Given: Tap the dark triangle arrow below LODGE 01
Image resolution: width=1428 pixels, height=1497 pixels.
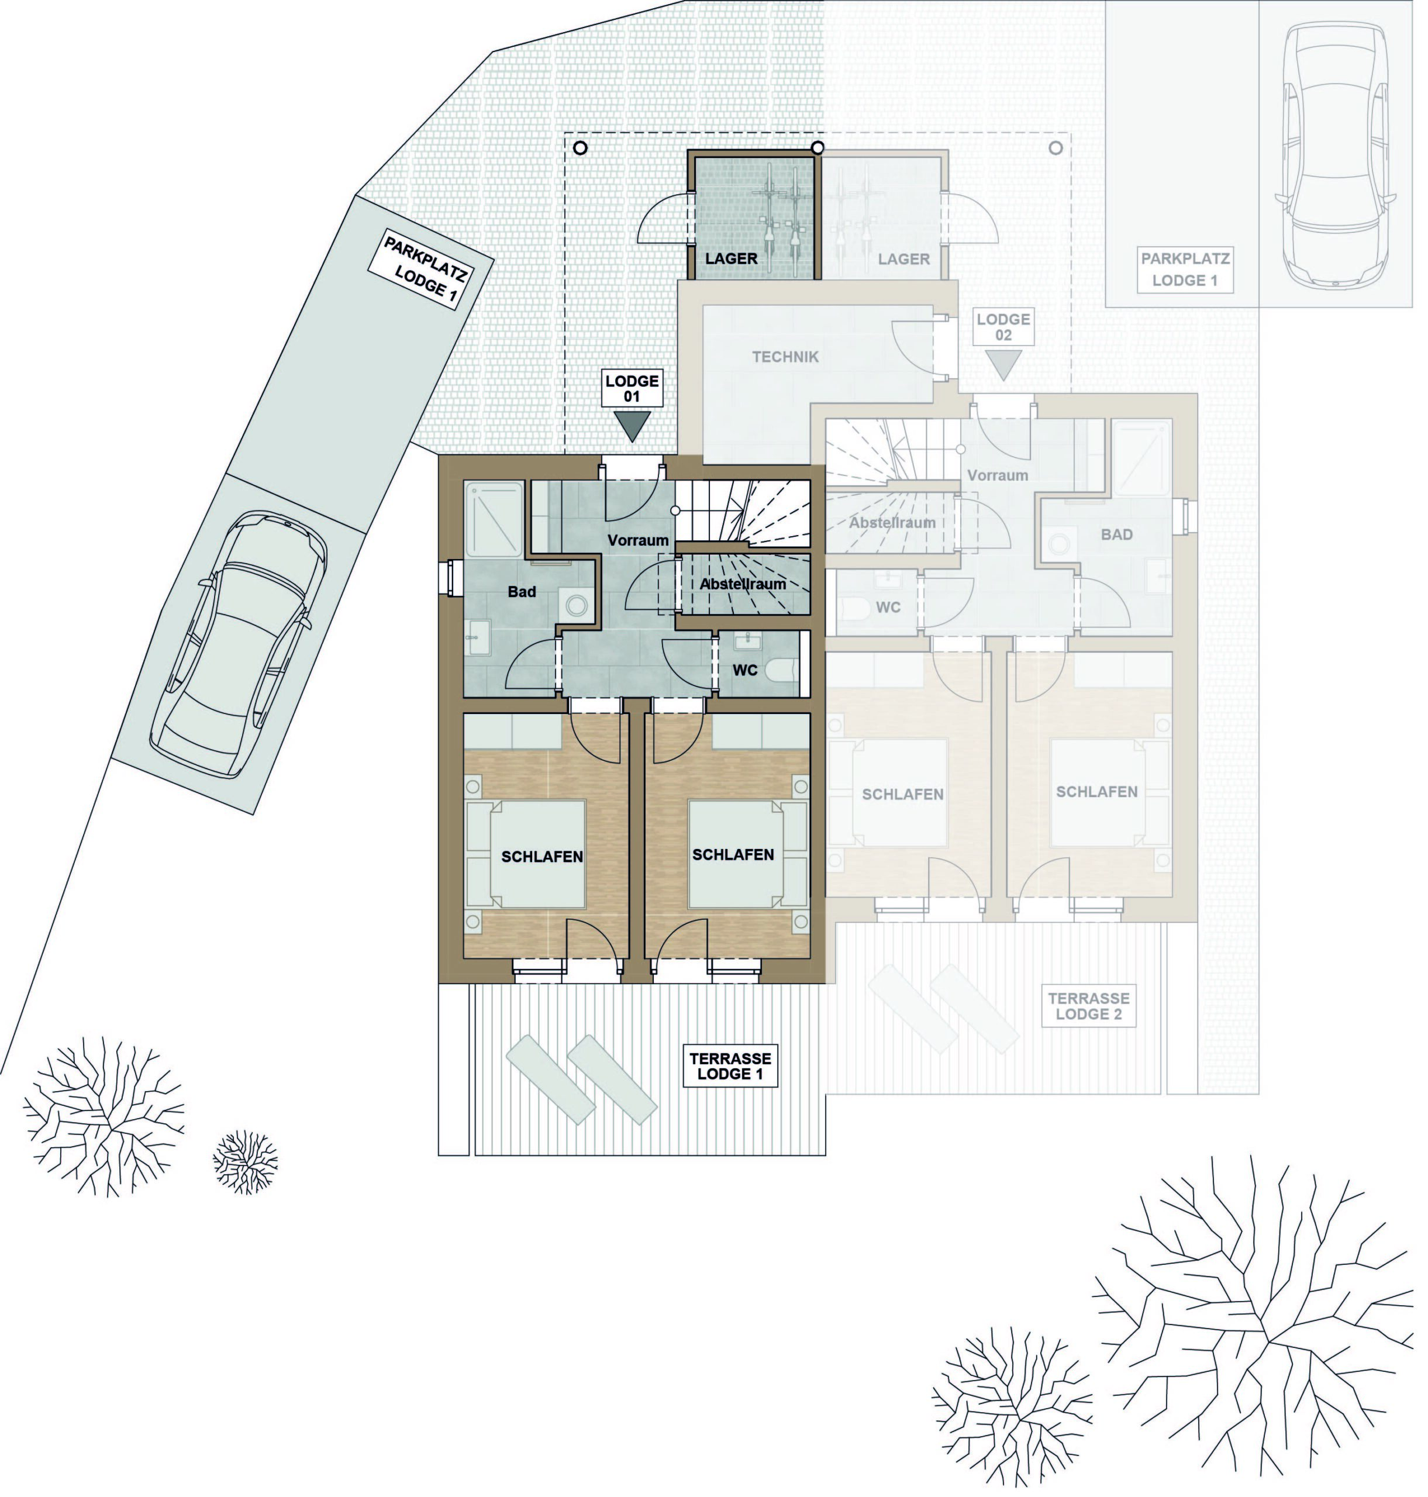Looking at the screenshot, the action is pyautogui.click(x=633, y=425).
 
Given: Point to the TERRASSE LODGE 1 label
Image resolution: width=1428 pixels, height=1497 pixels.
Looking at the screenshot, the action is pyautogui.click(x=730, y=1065).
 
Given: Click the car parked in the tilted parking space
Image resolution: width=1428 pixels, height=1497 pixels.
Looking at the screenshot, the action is pyautogui.click(x=239, y=644).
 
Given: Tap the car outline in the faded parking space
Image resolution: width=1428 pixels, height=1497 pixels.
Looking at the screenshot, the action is pyautogui.click(x=1334, y=156).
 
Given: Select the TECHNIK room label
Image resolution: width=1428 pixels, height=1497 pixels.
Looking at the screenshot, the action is pyautogui.click(x=785, y=356).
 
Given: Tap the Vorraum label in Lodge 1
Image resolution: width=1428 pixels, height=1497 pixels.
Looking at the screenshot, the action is pyautogui.click(x=638, y=540).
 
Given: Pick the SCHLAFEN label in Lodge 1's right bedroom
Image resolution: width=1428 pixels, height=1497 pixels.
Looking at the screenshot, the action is pyautogui.click(x=733, y=855).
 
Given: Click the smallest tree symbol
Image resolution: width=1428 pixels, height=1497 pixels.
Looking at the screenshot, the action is pyautogui.click(x=245, y=1161).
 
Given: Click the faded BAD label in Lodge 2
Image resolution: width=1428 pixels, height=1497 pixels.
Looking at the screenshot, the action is pyautogui.click(x=1117, y=535).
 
